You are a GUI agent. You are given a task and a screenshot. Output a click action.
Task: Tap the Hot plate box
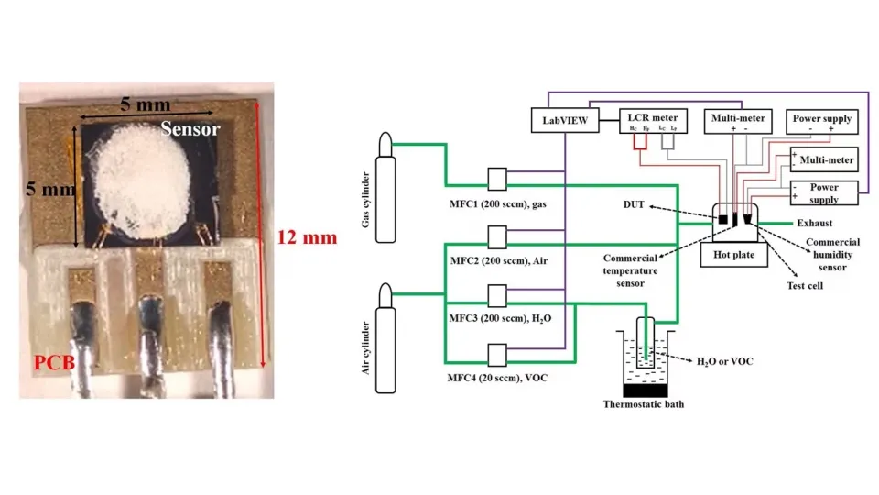point(733,255)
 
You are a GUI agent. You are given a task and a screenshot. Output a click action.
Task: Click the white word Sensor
point(190,129)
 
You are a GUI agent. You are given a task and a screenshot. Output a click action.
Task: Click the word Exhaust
point(814,223)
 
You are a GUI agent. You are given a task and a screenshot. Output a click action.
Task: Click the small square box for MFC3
point(497,295)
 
